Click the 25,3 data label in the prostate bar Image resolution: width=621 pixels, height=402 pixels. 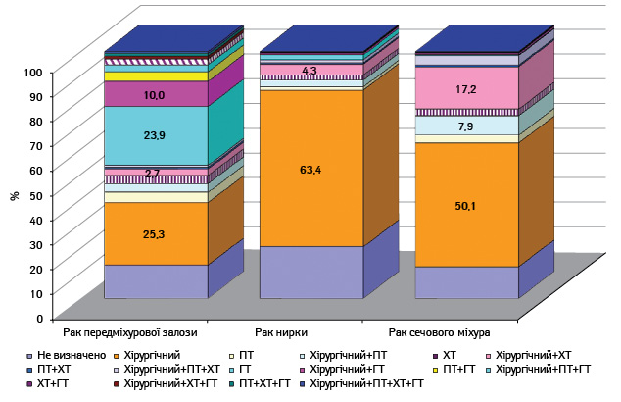click(x=154, y=234)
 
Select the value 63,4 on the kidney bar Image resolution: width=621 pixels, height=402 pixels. click(x=310, y=170)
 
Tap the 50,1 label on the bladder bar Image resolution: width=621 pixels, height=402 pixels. click(x=466, y=206)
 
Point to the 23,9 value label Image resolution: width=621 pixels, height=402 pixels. click(x=155, y=135)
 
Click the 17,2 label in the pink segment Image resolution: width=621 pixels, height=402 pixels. click(x=466, y=89)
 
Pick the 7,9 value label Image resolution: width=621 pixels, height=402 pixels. click(x=466, y=126)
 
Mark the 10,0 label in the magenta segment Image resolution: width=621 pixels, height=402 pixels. click(x=155, y=95)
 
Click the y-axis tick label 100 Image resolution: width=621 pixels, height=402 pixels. click(x=33, y=73)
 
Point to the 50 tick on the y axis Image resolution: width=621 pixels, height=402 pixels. click(x=36, y=195)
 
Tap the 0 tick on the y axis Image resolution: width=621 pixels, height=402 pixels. click(x=39, y=319)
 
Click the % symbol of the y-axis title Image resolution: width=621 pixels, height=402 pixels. click(x=15, y=195)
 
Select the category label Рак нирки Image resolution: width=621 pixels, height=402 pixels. click(x=281, y=332)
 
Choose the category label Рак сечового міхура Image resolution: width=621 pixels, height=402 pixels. click(x=439, y=332)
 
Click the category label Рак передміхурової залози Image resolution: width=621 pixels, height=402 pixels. click(x=130, y=332)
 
